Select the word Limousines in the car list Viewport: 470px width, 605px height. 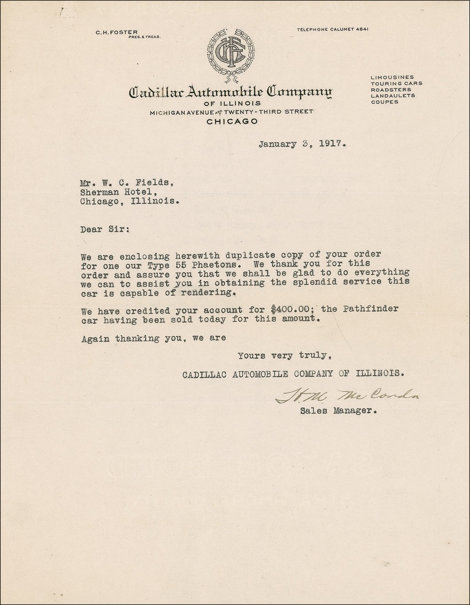click(392, 77)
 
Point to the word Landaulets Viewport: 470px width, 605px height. click(392, 95)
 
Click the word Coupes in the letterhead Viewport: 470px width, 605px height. click(384, 102)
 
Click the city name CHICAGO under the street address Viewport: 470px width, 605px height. click(232, 121)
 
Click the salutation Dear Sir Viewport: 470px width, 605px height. click(103, 229)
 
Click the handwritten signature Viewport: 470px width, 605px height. click(346, 396)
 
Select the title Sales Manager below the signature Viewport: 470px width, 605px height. click(338, 411)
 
